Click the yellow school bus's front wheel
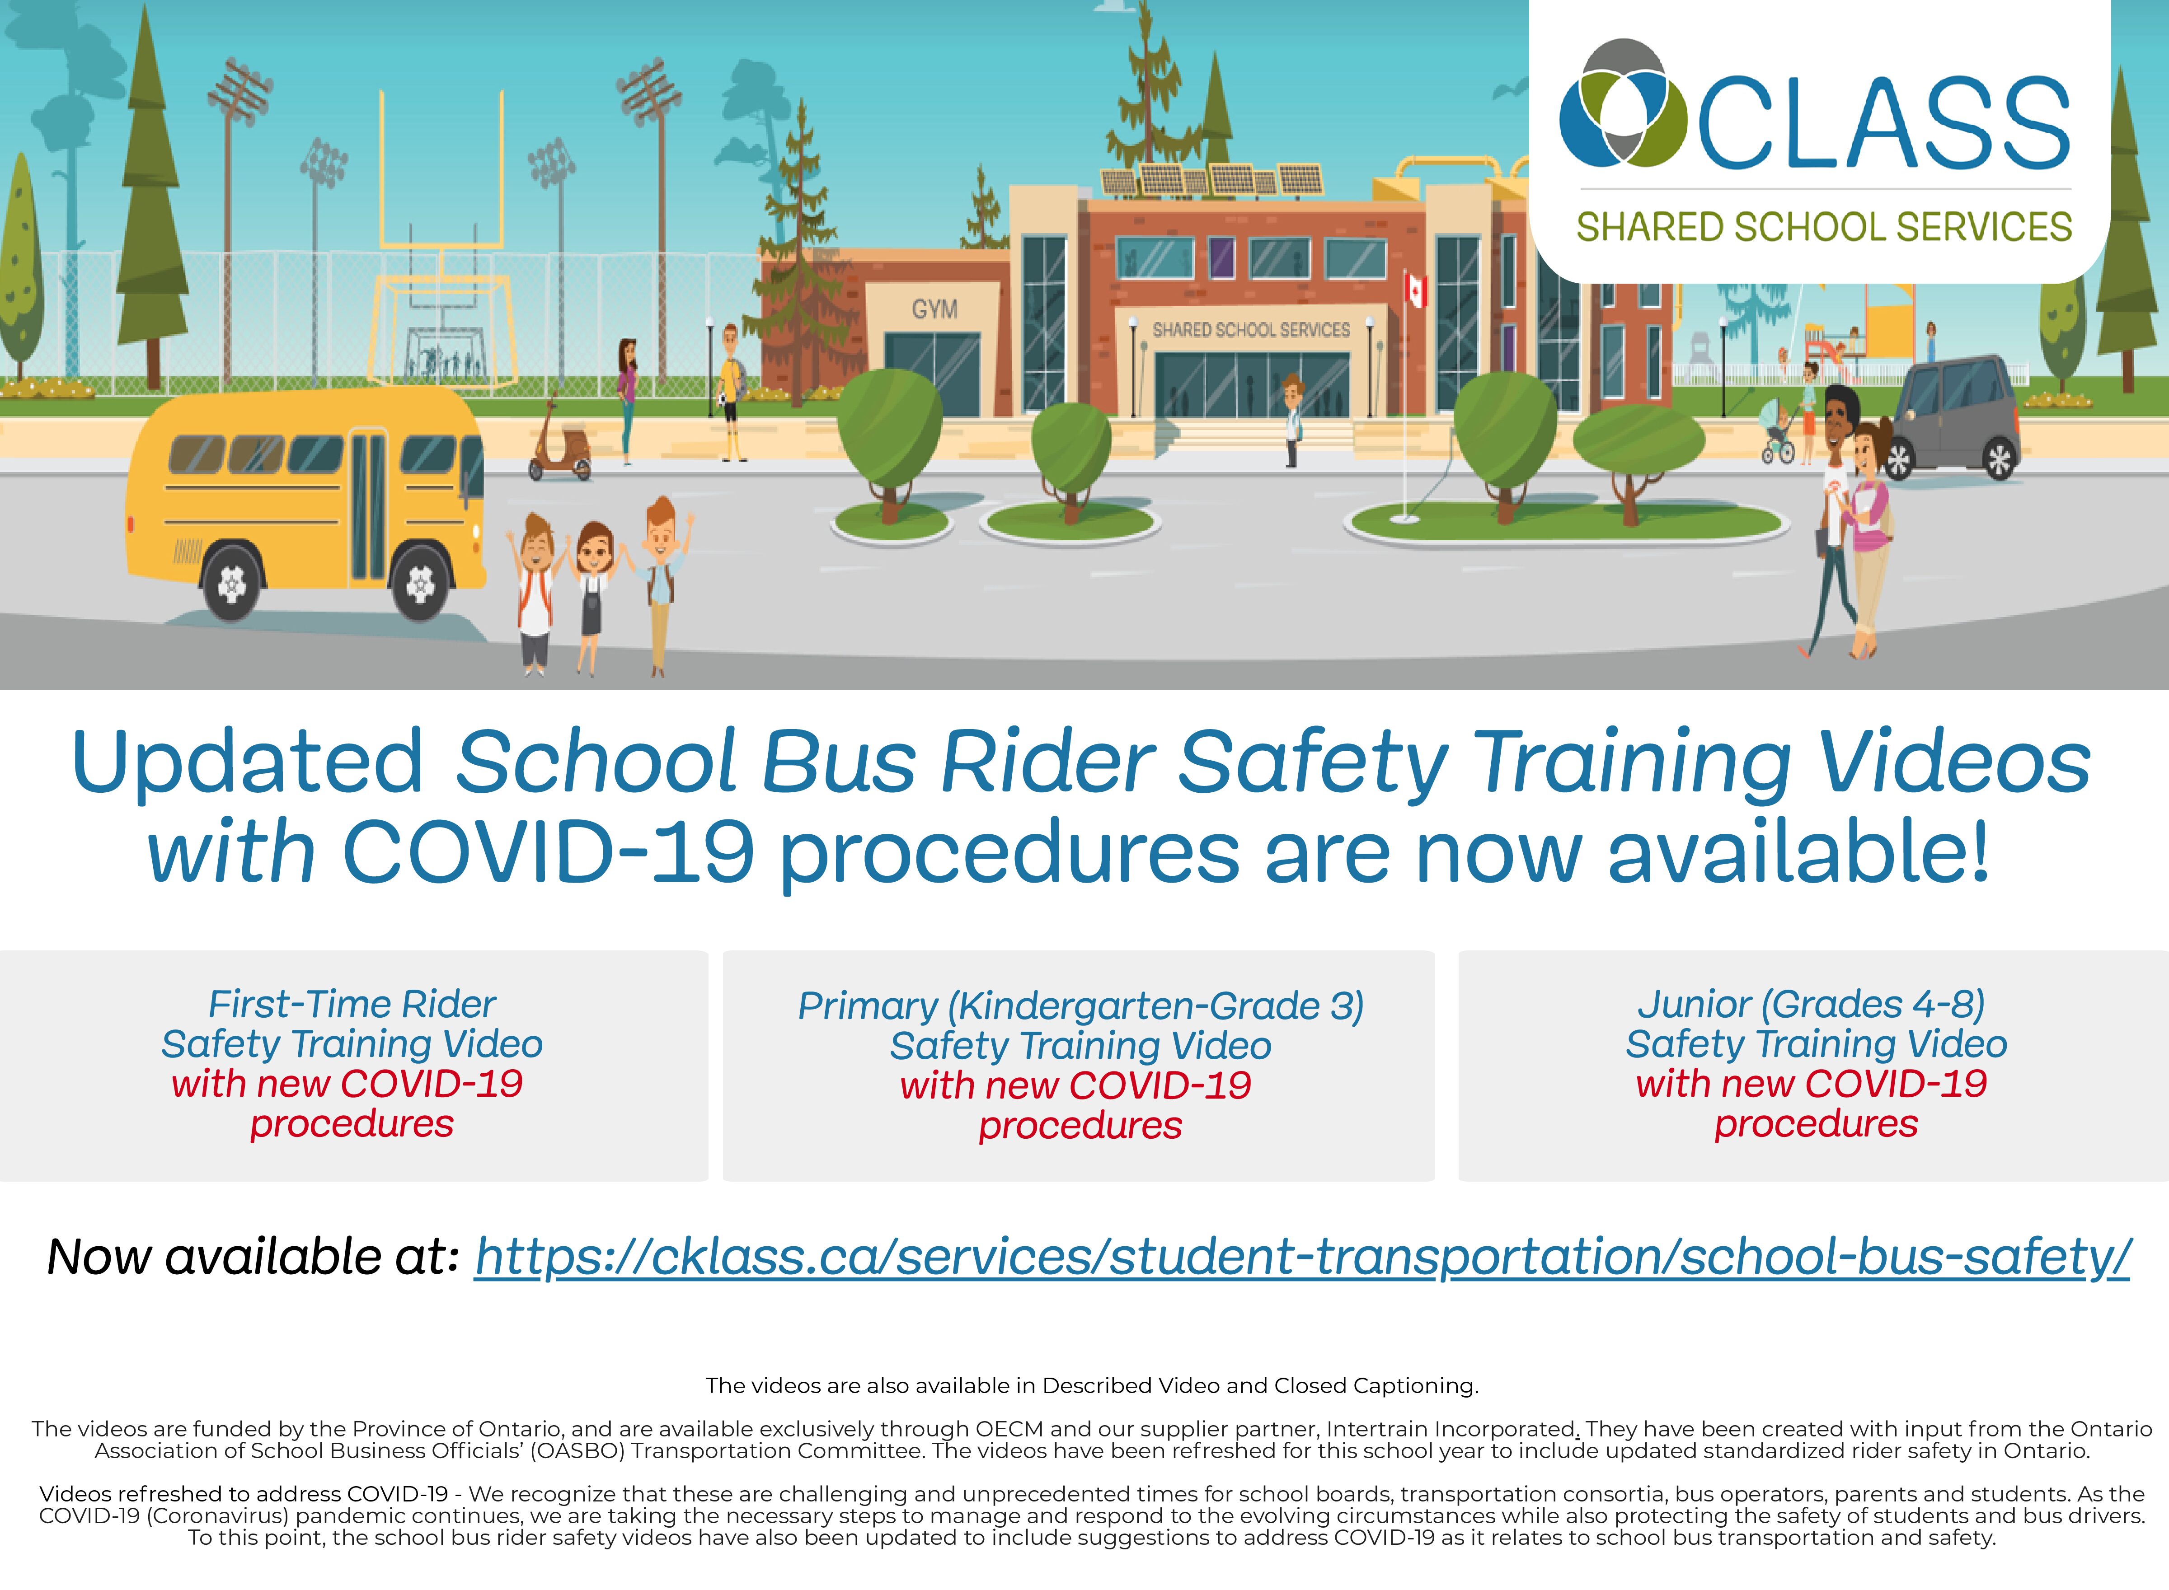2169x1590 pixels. coord(421,581)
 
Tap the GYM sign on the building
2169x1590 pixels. coord(935,309)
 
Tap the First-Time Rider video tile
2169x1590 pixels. coord(353,1066)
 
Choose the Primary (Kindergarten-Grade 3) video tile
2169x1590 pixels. coord(1079,1066)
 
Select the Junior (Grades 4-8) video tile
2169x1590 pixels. coord(1814,1066)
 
